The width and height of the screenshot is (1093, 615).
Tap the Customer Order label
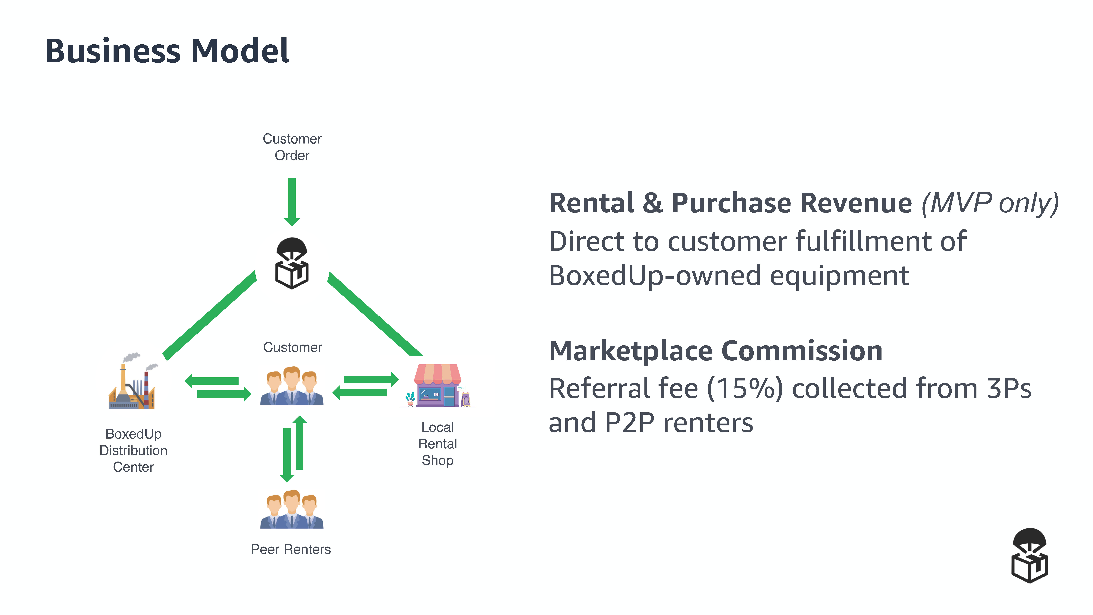[x=292, y=147]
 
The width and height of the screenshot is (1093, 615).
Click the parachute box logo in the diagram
[x=292, y=263]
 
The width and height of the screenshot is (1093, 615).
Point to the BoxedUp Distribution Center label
[x=133, y=450]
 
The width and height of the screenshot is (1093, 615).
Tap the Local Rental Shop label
[x=437, y=443]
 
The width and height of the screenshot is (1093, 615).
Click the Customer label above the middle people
[x=292, y=347]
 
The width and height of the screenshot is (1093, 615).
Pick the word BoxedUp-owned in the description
[x=654, y=276]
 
